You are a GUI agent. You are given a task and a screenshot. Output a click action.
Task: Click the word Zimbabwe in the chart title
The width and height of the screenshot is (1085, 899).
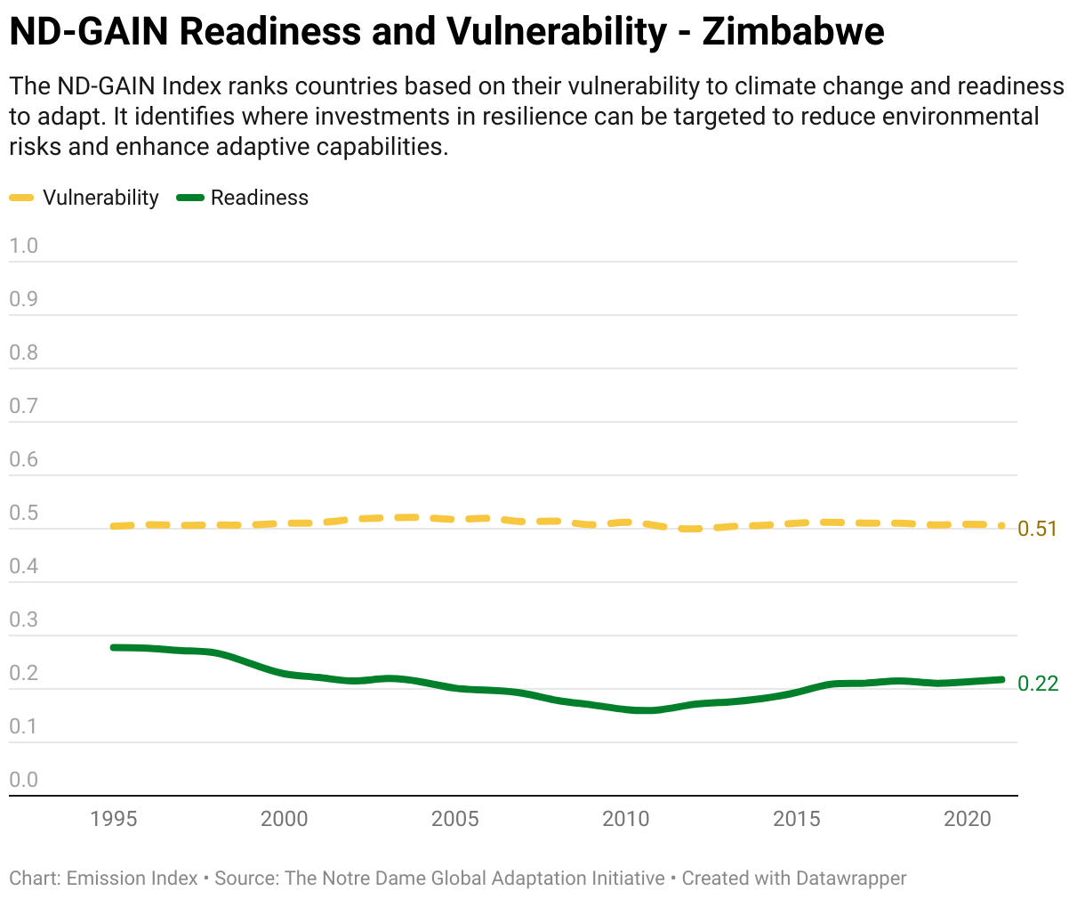(x=792, y=32)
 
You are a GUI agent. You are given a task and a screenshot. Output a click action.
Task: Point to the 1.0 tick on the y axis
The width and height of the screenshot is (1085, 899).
(x=24, y=246)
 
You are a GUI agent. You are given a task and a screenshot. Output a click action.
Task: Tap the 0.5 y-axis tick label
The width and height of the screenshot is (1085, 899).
(x=24, y=513)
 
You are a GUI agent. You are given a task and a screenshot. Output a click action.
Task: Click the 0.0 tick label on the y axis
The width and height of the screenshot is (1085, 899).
(x=24, y=780)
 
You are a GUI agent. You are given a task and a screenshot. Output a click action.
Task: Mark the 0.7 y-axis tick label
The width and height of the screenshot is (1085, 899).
(x=24, y=406)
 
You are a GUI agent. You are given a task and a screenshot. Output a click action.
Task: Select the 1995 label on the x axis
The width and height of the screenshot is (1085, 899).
(x=114, y=819)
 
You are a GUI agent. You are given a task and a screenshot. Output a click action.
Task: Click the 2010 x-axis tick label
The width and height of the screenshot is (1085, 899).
(x=626, y=819)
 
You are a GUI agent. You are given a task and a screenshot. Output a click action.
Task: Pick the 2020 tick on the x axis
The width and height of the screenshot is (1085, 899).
(x=968, y=819)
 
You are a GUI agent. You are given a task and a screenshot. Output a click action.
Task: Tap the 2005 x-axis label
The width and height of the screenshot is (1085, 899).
(x=455, y=819)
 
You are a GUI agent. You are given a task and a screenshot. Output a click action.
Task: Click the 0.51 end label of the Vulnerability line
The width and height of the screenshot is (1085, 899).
(x=1038, y=529)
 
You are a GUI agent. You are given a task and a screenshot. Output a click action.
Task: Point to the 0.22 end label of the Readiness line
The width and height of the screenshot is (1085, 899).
(x=1038, y=684)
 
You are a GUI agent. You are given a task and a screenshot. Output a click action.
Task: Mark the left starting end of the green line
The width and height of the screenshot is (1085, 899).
(x=114, y=647)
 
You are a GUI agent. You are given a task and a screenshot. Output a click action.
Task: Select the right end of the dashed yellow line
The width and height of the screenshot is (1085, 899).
(x=1001, y=526)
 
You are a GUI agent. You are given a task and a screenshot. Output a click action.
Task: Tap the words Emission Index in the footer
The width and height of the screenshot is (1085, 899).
(x=133, y=879)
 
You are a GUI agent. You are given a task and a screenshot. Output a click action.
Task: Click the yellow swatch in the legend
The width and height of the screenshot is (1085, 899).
(x=21, y=198)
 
